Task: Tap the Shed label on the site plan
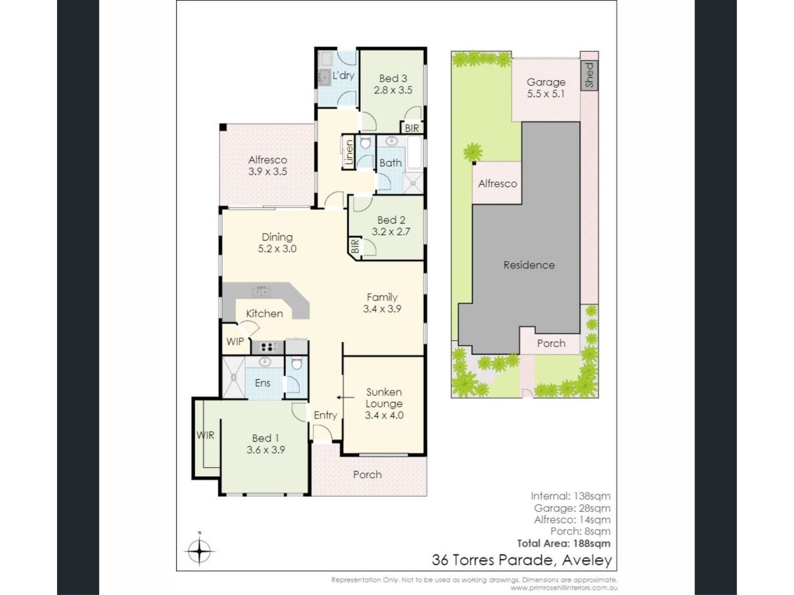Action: [589, 75]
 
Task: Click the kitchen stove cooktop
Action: [268, 347]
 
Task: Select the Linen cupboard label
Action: [349, 152]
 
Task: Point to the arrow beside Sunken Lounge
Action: [345, 397]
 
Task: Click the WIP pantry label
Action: [235, 342]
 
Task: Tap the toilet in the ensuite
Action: [297, 364]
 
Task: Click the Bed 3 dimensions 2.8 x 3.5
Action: [393, 90]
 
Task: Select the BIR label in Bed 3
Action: [411, 128]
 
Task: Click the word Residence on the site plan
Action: [529, 265]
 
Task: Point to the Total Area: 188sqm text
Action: [564, 543]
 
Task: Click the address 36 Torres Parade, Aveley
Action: [522, 560]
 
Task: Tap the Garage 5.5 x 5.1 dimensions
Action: [546, 94]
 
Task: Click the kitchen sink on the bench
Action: [261, 291]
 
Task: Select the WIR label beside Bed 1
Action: [206, 435]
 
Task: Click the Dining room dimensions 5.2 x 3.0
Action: [277, 249]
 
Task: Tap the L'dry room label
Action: [343, 76]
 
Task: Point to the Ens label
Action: [263, 383]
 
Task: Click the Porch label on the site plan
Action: [551, 343]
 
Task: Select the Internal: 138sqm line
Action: [570, 496]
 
